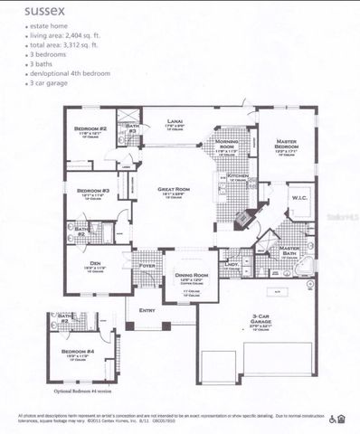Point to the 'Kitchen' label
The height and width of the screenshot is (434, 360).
coord(237,176)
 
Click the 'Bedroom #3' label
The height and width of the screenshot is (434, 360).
coord(93,191)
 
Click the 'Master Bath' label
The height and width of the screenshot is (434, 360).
coord(290,250)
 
